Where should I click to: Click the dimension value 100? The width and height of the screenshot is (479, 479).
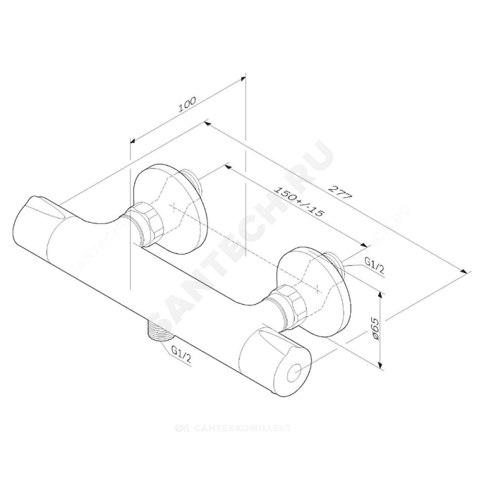[x=187, y=105]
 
